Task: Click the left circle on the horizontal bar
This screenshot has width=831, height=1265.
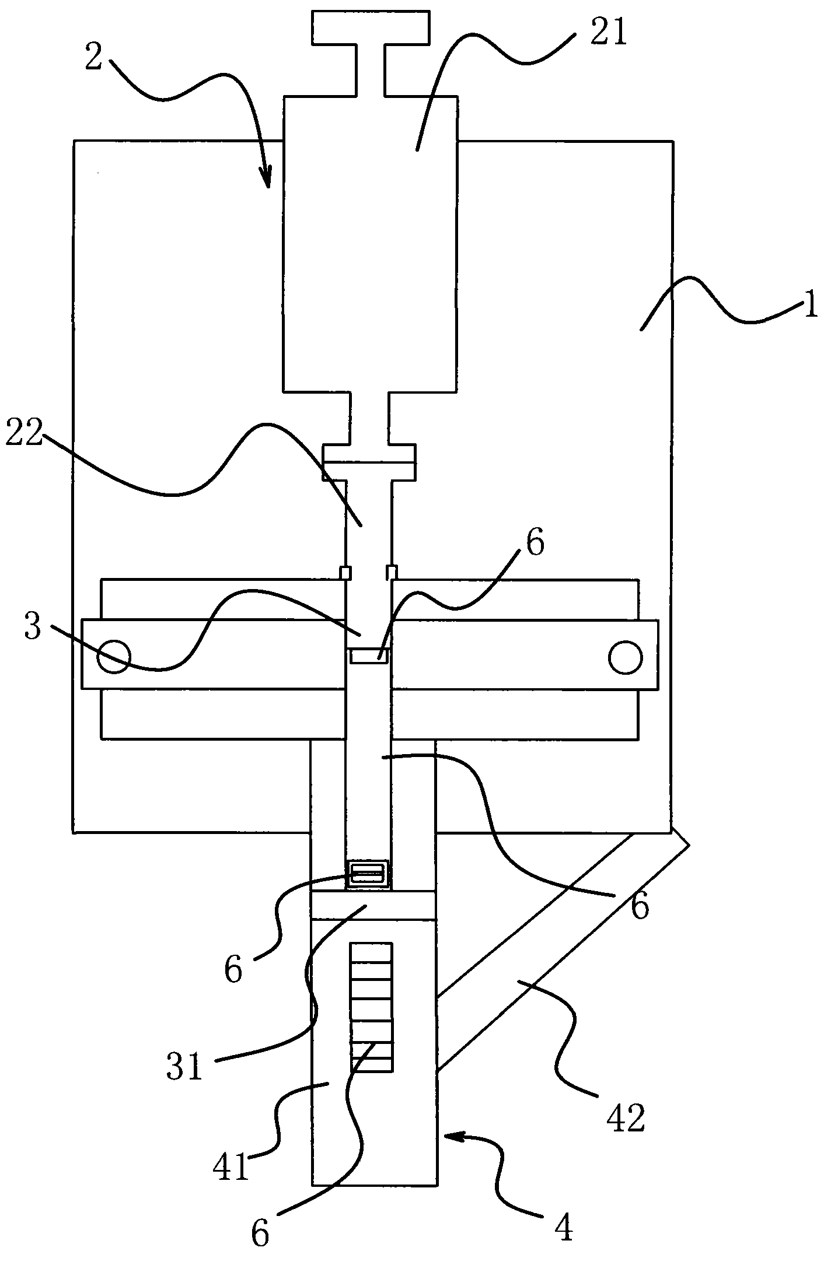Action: click(x=114, y=656)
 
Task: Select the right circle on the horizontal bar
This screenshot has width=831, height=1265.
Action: click(x=625, y=657)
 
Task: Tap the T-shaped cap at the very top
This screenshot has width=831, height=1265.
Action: click(x=370, y=53)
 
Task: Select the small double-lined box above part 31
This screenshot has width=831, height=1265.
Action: click(x=366, y=874)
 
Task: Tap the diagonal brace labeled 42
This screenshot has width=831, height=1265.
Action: click(x=563, y=950)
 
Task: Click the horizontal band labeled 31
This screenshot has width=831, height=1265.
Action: click(x=373, y=905)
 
